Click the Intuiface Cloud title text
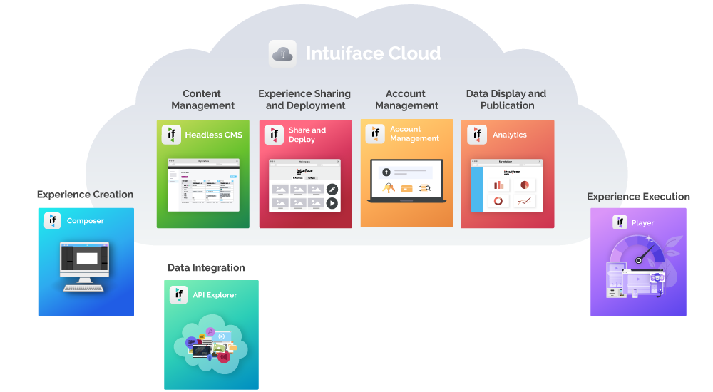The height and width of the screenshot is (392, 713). click(373, 53)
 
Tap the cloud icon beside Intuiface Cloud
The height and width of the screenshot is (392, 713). click(282, 53)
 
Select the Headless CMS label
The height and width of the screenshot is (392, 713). click(213, 135)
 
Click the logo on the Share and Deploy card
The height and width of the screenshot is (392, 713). click(274, 135)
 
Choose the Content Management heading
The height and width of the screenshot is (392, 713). click(202, 100)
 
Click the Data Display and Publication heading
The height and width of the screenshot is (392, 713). click(506, 100)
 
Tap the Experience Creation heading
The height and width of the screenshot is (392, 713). click(85, 195)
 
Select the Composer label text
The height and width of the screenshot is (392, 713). click(86, 221)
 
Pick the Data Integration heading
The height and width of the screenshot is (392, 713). click(206, 268)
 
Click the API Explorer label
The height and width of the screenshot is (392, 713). click(215, 295)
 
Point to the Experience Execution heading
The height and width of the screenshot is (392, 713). click(638, 197)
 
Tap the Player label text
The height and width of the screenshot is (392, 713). click(642, 223)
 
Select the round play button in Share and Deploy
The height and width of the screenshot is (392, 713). click(332, 203)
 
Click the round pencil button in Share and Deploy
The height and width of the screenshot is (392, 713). click(332, 189)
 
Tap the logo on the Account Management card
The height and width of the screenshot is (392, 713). click(375, 134)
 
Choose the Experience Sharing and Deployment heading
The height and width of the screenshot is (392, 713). click(304, 100)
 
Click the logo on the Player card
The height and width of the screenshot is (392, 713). click(620, 222)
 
